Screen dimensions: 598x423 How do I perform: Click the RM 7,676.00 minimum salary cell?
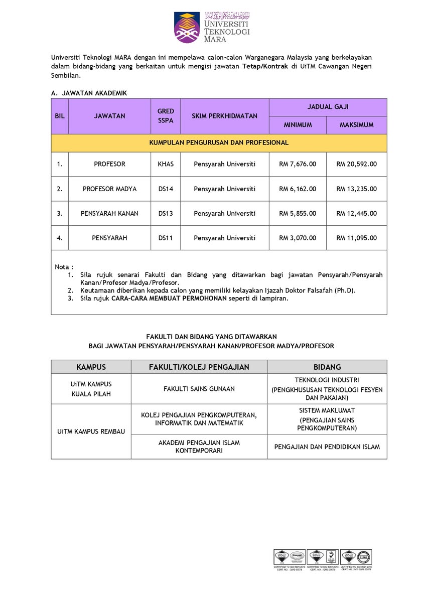point(298,164)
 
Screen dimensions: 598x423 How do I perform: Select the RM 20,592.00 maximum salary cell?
point(356,164)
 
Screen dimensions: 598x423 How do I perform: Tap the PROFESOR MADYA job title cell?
point(109,189)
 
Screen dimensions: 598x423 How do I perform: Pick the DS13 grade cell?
point(166,213)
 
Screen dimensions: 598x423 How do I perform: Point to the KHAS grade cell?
point(166,164)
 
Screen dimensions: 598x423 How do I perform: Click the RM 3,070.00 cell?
point(298,238)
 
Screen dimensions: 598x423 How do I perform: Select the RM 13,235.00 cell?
point(356,189)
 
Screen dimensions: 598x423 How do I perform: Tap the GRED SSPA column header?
point(166,116)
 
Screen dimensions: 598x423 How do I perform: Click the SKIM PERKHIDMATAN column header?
point(224,116)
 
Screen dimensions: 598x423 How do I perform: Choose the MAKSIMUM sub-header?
point(356,125)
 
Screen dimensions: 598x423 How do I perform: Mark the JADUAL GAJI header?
point(328,107)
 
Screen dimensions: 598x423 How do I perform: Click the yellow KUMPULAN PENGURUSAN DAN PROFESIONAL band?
point(219,142)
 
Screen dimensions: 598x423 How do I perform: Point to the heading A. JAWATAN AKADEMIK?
point(89,93)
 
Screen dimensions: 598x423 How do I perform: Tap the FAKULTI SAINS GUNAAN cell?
point(199,389)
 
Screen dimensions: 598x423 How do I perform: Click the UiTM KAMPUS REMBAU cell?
point(91,431)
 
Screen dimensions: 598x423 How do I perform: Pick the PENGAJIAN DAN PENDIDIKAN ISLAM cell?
point(327,446)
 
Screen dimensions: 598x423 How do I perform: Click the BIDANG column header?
point(327,367)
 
